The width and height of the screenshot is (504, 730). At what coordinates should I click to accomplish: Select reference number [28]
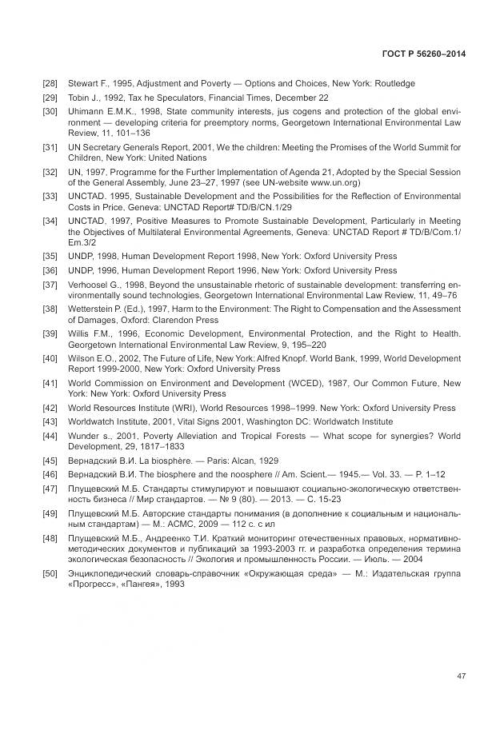[x=50, y=84]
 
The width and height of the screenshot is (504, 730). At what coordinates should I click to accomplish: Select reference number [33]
[x=50, y=196]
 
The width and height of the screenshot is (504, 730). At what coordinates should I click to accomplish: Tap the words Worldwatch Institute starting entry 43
[x=106, y=421]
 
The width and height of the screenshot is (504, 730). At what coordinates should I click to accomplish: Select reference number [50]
[x=50, y=574]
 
